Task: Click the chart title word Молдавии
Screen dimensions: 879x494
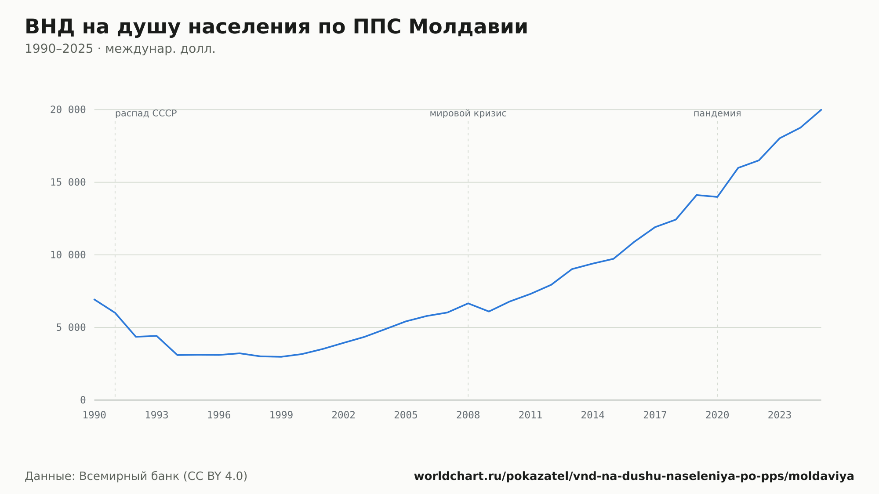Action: [468, 27]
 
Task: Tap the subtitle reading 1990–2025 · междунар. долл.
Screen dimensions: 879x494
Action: [120, 49]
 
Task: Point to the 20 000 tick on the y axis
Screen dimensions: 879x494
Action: [68, 110]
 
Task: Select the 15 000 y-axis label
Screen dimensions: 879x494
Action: [68, 182]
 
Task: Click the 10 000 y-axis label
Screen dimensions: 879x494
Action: [68, 255]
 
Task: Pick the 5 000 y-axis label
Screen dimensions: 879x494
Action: [71, 327]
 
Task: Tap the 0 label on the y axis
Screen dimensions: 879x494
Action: [83, 400]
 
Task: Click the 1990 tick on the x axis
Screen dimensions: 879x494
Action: [94, 415]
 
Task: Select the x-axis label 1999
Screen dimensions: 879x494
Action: [281, 415]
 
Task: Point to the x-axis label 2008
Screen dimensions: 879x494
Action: [468, 415]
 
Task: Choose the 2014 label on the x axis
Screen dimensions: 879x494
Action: [593, 415]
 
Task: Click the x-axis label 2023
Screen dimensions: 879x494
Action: [780, 415]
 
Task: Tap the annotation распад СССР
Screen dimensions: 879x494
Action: [146, 113]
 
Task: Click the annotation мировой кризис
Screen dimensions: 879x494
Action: [468, 113]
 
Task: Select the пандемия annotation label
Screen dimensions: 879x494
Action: [717, 113]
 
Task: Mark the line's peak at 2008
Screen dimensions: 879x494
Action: [468, 303]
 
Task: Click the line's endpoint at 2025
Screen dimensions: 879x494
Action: [821, 110]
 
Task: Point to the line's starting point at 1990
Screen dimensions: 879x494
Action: [94, 299]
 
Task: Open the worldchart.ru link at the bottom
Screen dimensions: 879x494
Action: [634, 476]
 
